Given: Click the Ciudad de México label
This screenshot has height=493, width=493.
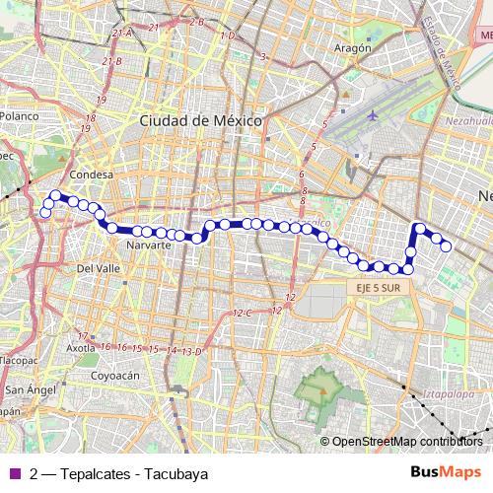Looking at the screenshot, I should click(200, 119).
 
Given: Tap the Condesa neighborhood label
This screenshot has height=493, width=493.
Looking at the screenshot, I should click(94, 175).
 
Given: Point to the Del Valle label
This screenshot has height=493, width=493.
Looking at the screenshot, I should click(98, 268).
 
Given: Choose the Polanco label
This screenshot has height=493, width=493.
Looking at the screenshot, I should click(19, 115).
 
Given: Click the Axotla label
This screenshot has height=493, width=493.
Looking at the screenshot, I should click(80, 348).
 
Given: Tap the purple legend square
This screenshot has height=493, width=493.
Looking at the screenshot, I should click(13, 473).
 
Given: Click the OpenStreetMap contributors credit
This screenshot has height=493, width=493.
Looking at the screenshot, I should click(406, 441).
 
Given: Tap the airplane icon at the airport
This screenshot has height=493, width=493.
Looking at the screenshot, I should click(372, 114).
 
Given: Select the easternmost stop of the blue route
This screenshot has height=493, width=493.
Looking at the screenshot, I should click(446, 246).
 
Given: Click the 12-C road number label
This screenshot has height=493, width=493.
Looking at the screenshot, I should click(243, 313).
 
